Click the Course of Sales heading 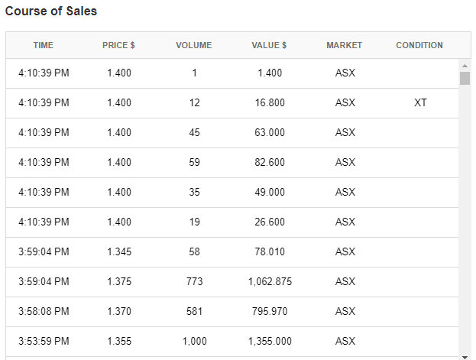click(x=51, y=11)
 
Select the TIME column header click(x=44, y=45)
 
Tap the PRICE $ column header click(x=118, y=45)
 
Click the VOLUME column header click(x=194, y=45)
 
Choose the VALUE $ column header click(x=269, y=45)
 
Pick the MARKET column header click(x=345, y=45)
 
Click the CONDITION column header click(x=419, y=45)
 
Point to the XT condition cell click(x=420, y=102)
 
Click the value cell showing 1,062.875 click(x=270, y=281)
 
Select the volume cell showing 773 click(x=194, y=281)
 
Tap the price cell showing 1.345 click(x=119, y=251)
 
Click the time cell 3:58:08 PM click(x=44, y=311)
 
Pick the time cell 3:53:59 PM click(x=44, y=341)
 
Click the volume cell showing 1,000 click(x=194, y=341)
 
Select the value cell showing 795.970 click(x=270, y=311)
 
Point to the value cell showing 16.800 click(x=270, y=102)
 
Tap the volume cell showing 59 click(x=194, y=162)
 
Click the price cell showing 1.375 click(x=119, y=281)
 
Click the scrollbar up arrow click(x=465, y=65)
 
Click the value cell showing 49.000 click(x=270, y=192)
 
